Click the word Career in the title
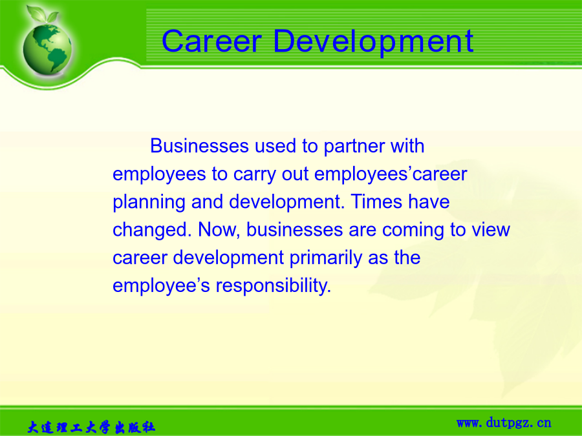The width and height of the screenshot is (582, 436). pos(212,41)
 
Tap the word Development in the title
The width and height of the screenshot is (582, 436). pos(373,43)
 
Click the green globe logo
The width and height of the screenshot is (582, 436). pos(47,49)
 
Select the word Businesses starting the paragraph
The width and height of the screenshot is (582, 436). pos(199,146)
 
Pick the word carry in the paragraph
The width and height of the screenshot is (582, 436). pos(255,174)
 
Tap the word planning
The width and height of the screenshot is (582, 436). pos(149,202)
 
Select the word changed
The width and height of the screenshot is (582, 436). pos(152,229)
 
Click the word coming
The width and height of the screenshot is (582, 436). pos(413,231)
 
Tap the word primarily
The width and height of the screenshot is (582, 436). pos(325,258)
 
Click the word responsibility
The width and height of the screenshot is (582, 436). pos(273,286)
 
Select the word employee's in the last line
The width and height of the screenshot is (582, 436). pos(161,286)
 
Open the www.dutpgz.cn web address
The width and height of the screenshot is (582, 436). pos(504,422)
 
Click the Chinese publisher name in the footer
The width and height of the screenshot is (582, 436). pos(91,427)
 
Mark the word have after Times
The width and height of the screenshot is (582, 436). pos(429,202)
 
